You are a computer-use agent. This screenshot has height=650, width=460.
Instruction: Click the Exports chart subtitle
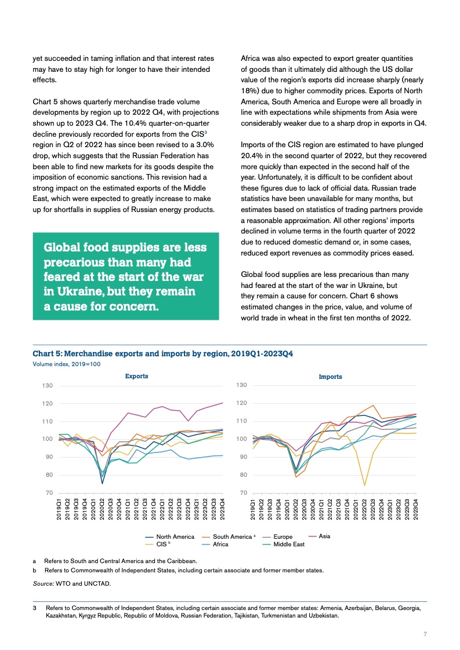tap(136, 376)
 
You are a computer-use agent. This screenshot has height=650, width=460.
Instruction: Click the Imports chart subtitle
tap(331, 377)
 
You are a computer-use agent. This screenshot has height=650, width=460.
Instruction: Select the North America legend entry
tap(169, 537)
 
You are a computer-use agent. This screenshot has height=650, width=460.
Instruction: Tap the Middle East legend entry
tap(284, 545)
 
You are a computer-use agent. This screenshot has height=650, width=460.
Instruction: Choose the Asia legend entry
tap(319, 536)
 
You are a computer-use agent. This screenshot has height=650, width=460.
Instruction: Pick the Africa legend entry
tap(215, 545)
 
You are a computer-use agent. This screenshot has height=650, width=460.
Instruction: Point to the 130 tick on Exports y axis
tap(48, 385)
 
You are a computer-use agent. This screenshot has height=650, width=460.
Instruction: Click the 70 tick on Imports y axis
tap(244, 493)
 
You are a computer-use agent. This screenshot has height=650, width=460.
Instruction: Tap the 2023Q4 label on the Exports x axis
tap(222, 509)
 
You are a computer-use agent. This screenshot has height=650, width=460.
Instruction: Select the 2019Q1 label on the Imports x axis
tap(253, 509)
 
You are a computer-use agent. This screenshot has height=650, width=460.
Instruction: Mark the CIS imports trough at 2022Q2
tap(364, 485)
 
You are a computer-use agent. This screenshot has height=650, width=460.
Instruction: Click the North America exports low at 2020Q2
tap(102, 483)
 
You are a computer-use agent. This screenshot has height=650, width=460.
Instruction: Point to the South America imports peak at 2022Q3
tap(373, 406)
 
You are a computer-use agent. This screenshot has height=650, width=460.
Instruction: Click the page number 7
tap(425, 634)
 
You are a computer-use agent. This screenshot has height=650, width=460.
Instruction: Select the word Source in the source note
tap(43, 584)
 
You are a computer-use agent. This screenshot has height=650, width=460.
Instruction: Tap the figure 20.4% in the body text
tap(252, 156)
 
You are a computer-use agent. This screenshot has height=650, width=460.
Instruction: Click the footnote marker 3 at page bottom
tap(34, 608)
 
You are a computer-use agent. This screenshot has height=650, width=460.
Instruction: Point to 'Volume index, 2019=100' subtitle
tap(67, 364)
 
